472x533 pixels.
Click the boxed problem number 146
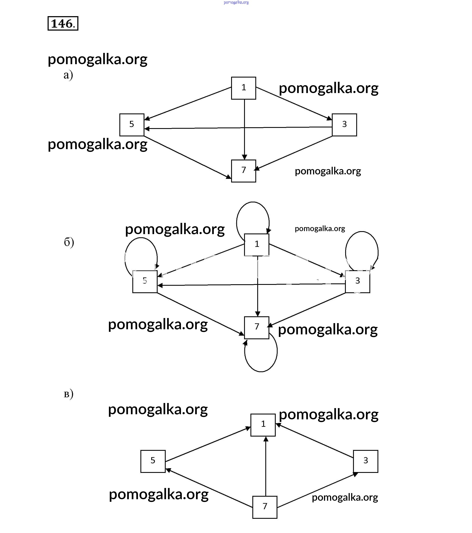[63, 23]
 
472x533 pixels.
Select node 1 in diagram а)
[244, 88]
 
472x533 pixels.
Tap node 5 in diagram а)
[132, 125]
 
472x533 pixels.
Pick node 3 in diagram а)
[344, 125]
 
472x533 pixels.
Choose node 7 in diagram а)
[244, 171]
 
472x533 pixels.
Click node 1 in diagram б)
[257, 245]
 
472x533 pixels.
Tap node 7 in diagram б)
[257, 328]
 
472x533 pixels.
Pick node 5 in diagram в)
[153, 461]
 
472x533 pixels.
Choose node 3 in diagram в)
[366, 461]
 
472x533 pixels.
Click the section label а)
[68, 75]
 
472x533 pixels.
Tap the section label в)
[68, 394]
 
